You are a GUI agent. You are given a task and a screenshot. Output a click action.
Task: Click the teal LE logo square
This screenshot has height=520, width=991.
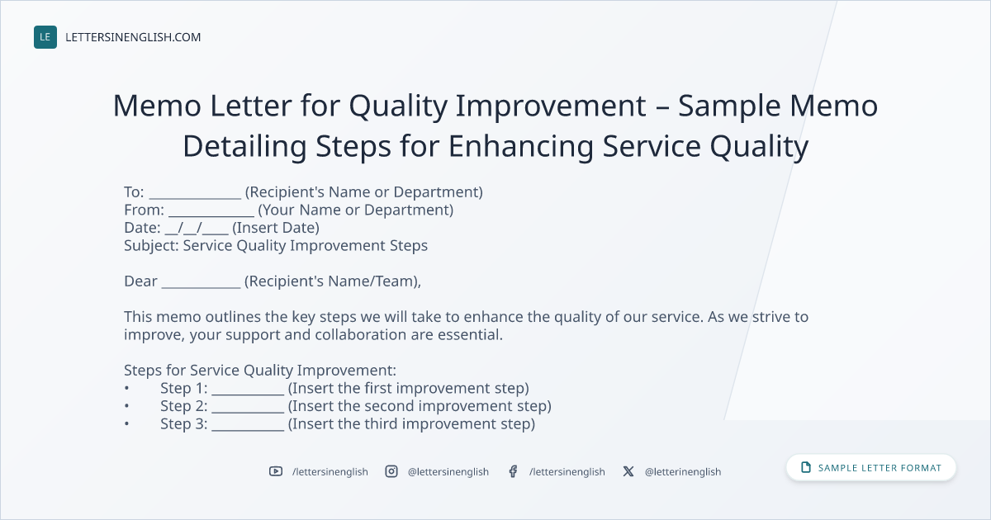[x=45, y=37]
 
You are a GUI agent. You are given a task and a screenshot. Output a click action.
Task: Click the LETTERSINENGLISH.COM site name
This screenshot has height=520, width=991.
[x=133, y=37]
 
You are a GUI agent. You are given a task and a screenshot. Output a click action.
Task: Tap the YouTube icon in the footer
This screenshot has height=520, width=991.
[x=276, y=471]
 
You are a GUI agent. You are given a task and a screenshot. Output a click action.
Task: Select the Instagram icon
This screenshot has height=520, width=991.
[x=391, y=471]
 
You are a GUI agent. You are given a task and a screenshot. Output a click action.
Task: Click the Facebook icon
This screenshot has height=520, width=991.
[x=513, y=471]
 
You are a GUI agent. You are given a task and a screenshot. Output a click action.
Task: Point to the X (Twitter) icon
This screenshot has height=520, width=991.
[x=628, y=471]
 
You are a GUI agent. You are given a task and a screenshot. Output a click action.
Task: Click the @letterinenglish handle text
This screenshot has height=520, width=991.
[x=683, y=472]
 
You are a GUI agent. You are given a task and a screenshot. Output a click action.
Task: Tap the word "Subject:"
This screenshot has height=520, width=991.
[x=151, y=246]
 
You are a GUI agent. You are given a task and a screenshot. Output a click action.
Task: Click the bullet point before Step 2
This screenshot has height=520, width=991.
[x=127, y=406]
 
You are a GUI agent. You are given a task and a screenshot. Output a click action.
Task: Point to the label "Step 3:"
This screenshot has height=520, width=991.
[x=183, y=424]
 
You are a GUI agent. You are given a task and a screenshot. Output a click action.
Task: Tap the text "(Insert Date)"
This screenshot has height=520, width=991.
[x=276, y=228]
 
